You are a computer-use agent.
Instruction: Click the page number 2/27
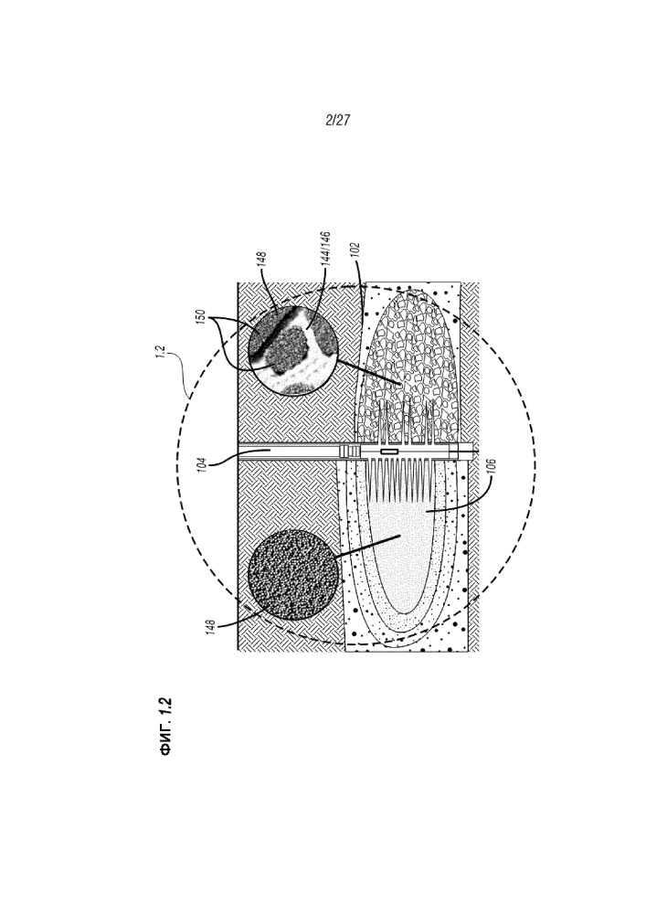337,121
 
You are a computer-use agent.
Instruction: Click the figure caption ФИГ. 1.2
166,726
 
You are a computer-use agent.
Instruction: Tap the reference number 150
202,319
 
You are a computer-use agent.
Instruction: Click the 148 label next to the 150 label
261,261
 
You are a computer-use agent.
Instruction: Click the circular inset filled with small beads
293,575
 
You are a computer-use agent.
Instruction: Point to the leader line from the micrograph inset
369,372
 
